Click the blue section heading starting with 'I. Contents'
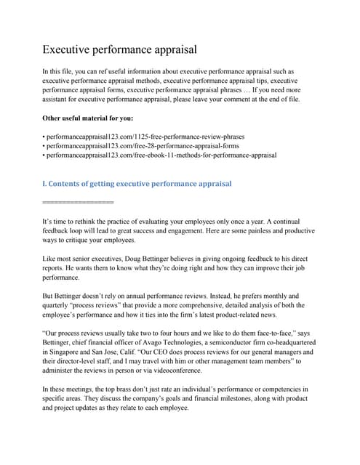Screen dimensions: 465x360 (x=137, y=184)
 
